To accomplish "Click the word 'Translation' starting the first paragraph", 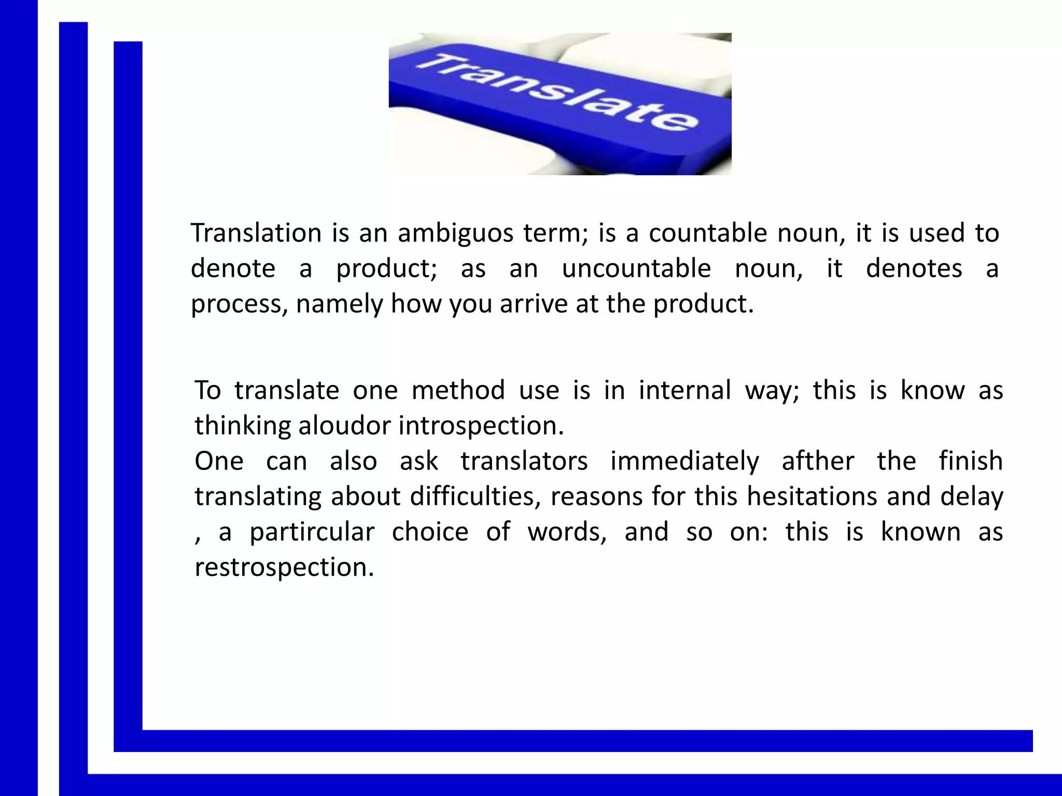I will tap(256, 233).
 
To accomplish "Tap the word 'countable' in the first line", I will tap(707, 233).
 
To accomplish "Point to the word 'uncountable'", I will tap(636, 268).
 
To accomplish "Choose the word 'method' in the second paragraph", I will tap(458, 390).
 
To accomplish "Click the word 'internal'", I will tap(684, 390).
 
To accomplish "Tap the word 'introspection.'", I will tap(481, 425).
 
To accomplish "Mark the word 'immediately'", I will tap(684, 461).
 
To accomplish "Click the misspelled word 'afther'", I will tap(818, 461).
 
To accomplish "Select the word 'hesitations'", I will tap(812, 496).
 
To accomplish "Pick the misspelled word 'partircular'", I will tap(312, 532).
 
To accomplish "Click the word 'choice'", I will tap(430, 532).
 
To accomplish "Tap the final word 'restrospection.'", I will tap(284, 567).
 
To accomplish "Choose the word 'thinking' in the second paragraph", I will tap(242, 425).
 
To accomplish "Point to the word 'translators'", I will tap(524, 461).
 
